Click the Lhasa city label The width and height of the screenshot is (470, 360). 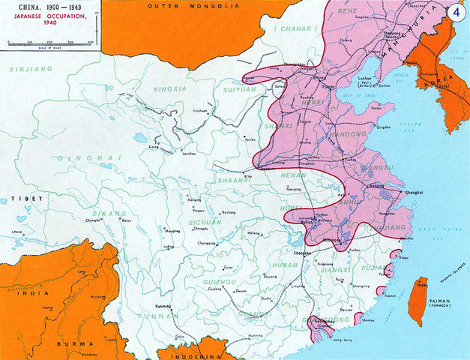pos(16,232)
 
